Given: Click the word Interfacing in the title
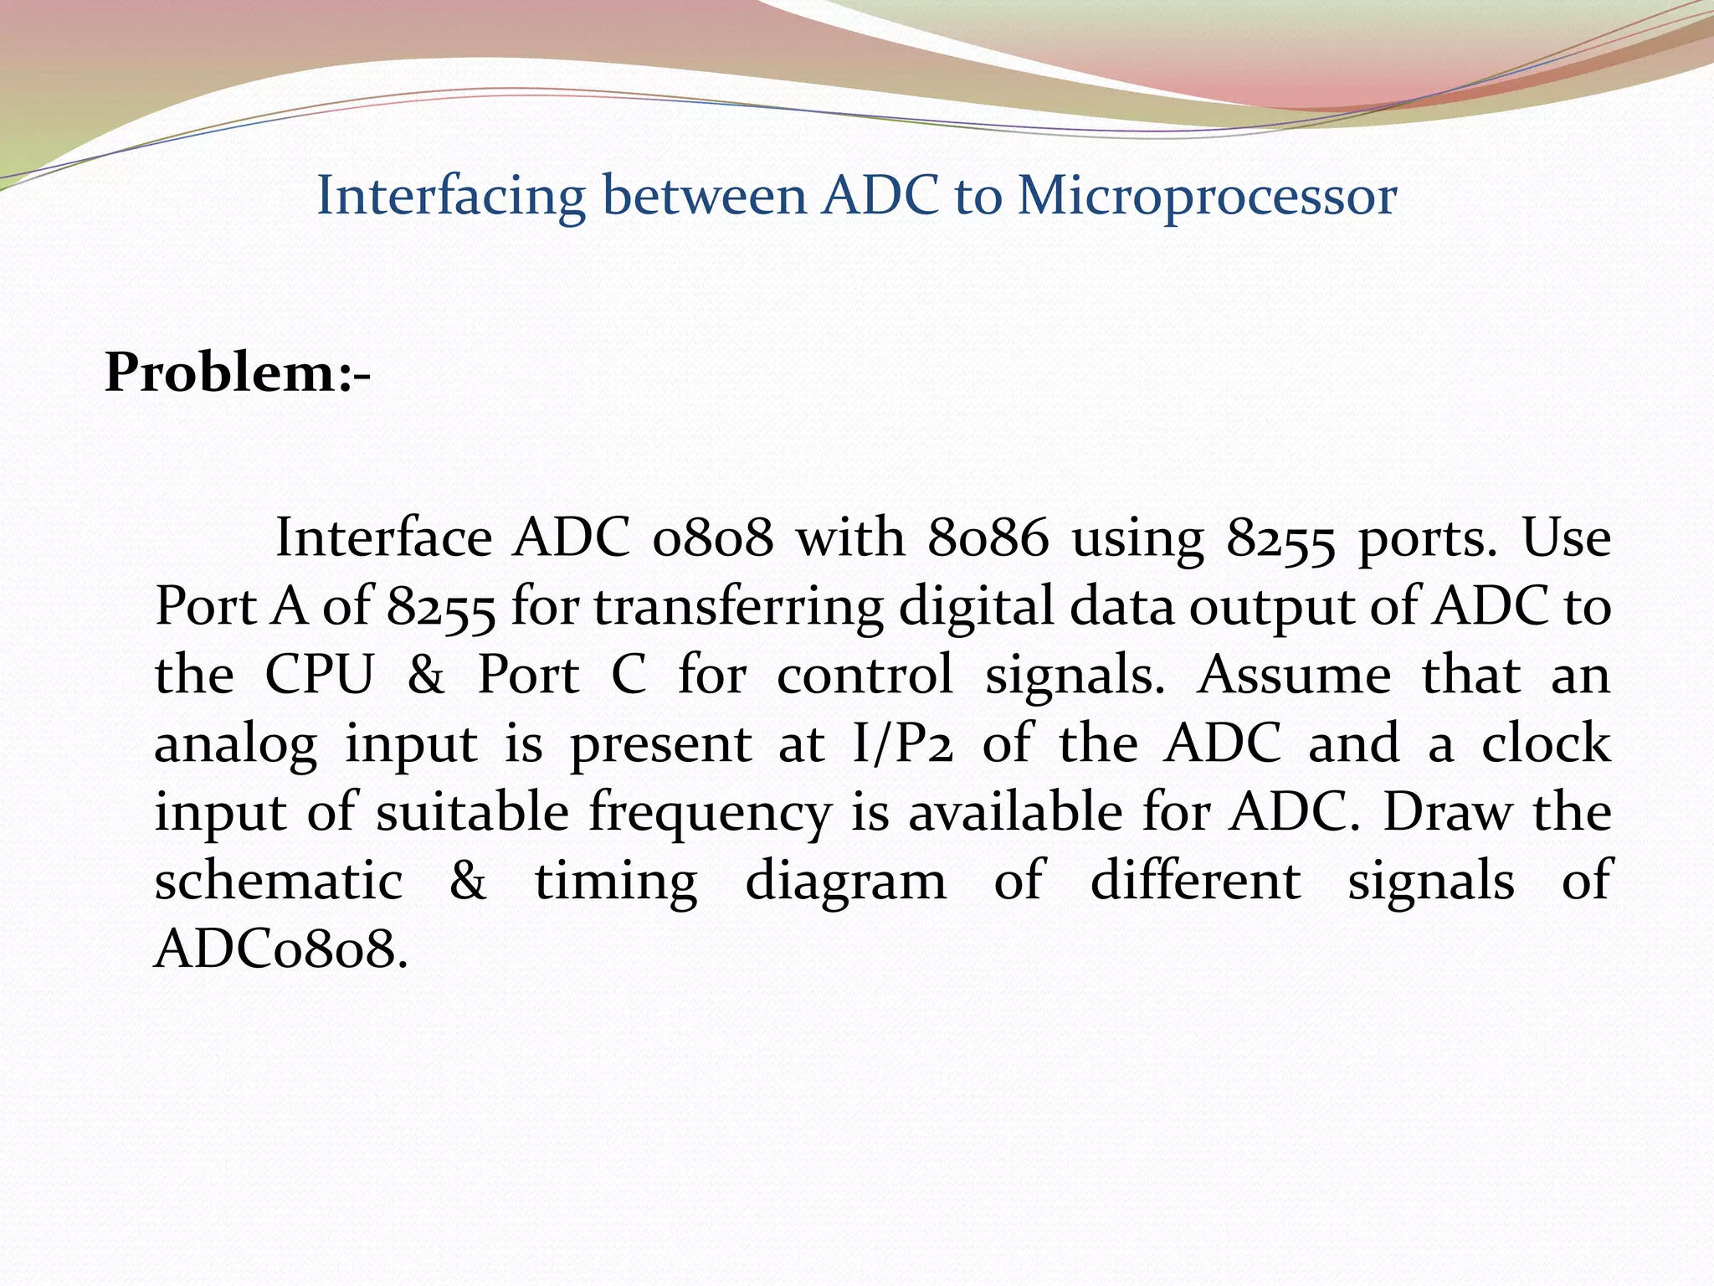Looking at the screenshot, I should tap(451, 198).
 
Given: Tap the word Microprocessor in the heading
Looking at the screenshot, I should tap(1207, 198).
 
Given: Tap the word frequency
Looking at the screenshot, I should tap(710, 814).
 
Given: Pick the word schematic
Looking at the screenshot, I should tap(279, 881).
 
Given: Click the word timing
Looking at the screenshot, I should tap(616, 882).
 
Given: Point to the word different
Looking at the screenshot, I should tap(1195, 881).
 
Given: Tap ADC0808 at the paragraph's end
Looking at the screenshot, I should tap(281, 949).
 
